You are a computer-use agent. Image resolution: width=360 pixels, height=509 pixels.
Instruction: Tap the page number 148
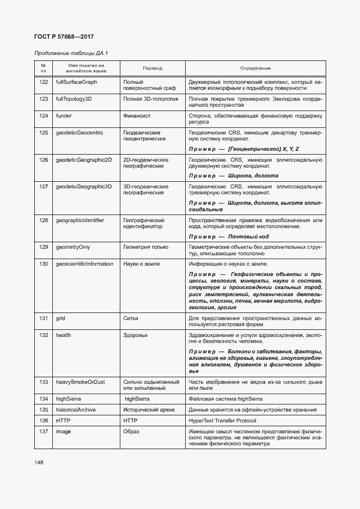coord(39,462)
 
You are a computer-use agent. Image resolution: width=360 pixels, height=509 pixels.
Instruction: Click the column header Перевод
coord(152,68)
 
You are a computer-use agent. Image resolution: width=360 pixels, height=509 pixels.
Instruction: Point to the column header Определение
coord(255,68)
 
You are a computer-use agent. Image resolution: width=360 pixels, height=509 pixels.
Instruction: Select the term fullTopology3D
coord(74,99)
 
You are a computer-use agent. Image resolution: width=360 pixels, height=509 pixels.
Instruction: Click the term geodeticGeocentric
coord(80,132)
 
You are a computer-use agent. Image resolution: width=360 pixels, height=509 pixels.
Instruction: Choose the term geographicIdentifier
coord(80,220)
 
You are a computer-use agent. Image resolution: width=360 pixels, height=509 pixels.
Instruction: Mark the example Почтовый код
coord(248,236)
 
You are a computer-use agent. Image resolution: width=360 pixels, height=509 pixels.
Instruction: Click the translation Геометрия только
coord(146,247)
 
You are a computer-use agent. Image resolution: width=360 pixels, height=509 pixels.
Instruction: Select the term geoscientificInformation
coord(84,263)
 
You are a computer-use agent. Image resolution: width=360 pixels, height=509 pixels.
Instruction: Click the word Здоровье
coord(136,335)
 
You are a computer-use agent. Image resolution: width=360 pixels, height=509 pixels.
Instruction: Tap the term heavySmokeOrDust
coord(80,383)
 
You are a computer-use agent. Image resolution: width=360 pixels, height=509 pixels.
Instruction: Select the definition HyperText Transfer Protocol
coord(230,421)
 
